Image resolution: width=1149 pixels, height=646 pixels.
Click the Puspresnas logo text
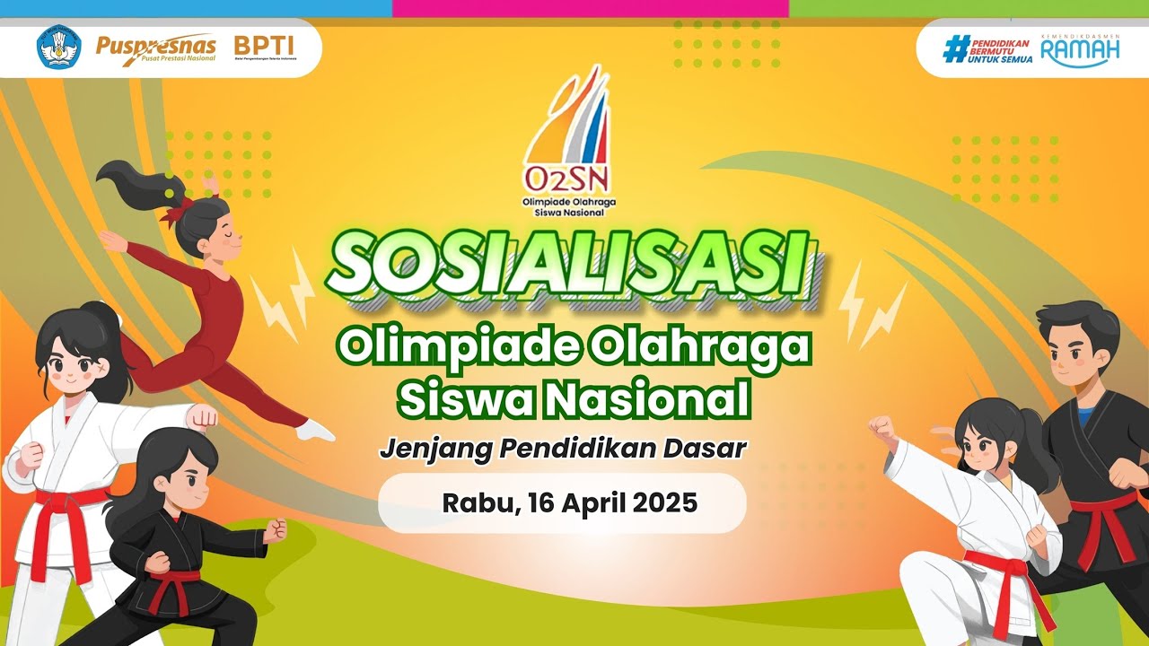coord(155,45)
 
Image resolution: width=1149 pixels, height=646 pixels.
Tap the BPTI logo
coord(264,45)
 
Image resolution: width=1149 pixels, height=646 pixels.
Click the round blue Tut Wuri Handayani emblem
coord(58,47)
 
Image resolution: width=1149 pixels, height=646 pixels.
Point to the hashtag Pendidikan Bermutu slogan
coord(988,48)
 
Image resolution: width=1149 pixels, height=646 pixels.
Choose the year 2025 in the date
coord(665,503)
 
